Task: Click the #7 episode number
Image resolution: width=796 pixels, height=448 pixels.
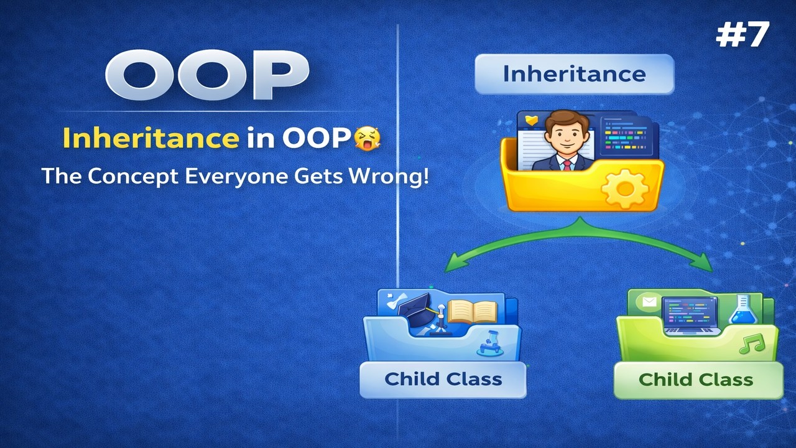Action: pyautogui.click(x=743, y=35)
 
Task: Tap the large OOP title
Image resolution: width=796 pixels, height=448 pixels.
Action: pyautogui.click(x=207, y=75)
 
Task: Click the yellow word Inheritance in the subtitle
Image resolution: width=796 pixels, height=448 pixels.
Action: pyautogui.click(x=150, y=139)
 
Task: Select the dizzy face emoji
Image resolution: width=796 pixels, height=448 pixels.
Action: pyautogui.click(x=366, y=139)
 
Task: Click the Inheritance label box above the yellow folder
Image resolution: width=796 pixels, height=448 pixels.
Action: pyautogui.click(x=574, y=74)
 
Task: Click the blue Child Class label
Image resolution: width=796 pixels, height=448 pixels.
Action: pyautogui.click(x=443, y=379)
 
